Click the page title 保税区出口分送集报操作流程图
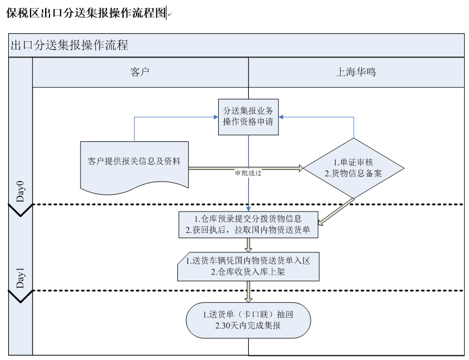[x=86, y=14]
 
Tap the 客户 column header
[x=140, y=72]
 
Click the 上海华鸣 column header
[x=356, y=72]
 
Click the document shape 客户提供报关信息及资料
[x=134, y=162]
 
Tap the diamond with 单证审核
[x=354, y=168]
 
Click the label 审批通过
[x=248, y=173]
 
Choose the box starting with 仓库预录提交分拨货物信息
[x=248, y=225]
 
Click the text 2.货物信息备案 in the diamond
[x=353, y=174]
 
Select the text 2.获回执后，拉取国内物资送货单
[x=248, y=231]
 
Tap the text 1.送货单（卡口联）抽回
[x=248, y=314]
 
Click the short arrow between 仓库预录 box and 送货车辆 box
[x=248, y=245]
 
